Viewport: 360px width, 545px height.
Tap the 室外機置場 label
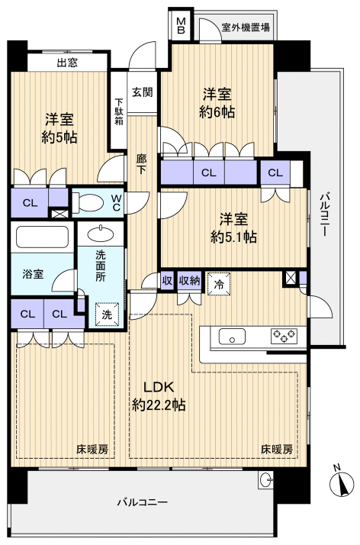coord(246,27)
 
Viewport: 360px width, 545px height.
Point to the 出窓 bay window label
coord(66,63)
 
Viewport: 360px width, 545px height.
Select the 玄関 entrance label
coord(142,92)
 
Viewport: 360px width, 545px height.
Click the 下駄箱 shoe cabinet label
coord(119,114)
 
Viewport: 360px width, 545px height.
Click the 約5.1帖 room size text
coord(235,237)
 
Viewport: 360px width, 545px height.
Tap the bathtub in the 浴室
coord(42,242)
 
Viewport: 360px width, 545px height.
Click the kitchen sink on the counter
coord(231,336)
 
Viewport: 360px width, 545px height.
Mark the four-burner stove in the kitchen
coord(284,336)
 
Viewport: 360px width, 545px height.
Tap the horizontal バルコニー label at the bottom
coord(142,502)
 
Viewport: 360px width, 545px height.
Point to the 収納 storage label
coord(189,281)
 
